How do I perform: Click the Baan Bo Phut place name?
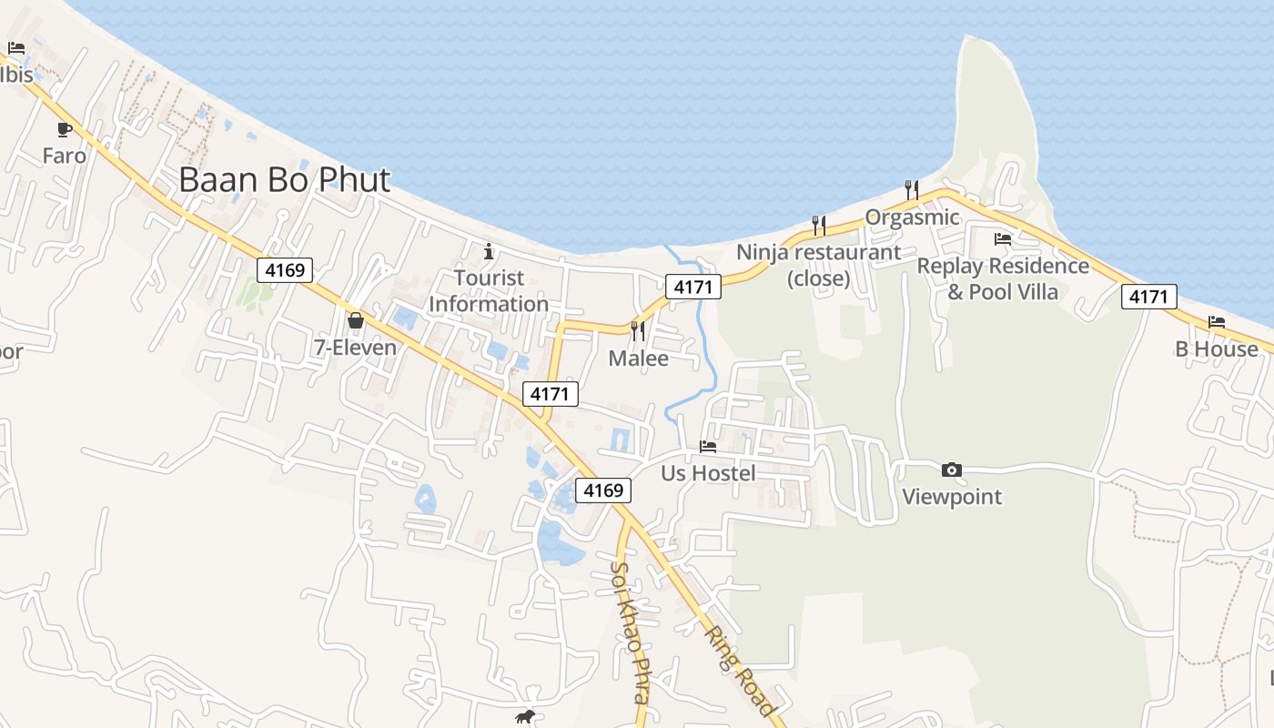284,180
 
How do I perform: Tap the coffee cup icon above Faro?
64,129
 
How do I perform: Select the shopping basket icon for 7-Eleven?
355,320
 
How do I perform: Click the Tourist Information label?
489,291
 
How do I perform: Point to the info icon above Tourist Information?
489,251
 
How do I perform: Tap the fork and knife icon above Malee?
638,330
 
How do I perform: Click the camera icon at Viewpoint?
952,470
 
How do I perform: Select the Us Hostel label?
708,473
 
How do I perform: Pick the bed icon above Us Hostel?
708,446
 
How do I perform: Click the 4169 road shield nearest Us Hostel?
603,490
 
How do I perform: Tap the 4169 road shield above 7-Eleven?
284,269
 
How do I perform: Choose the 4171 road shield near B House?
1148,296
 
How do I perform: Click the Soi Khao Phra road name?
630,632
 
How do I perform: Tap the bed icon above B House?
1217,321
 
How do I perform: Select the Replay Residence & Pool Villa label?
1003,278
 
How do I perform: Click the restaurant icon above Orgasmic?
912,189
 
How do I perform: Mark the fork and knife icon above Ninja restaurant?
819,225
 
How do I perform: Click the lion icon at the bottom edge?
525,717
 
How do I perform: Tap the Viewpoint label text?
952,497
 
